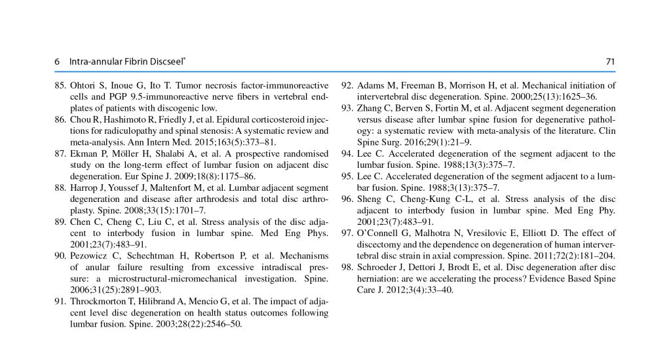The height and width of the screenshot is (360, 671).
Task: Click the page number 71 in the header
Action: pos(610,62)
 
